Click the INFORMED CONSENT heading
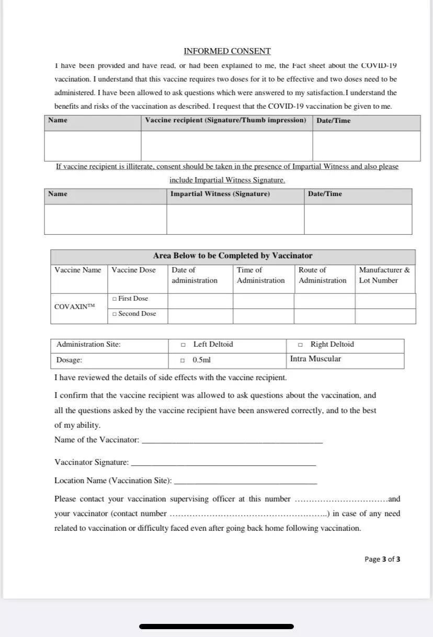tap(227, 51)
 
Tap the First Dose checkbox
tap(114, 299)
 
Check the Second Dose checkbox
tap(114, 314)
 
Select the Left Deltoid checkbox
tap(183, 345)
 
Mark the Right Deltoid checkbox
tap(300, 345)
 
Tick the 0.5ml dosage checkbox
tap(183, 360)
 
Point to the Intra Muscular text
tap(315, 359)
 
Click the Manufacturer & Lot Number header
tap(384, 275)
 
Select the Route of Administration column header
tap(323, 275)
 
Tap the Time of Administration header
tap(260, 275)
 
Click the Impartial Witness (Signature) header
tap(220, 194)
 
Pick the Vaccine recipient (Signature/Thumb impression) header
tap(225, 120)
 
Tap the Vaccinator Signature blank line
tap(223, 464)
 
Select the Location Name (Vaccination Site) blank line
tap(245, 482)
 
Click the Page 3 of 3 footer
tap(382, 559)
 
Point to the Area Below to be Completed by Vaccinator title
tap(233, 256)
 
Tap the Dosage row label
tap(69, 360)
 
